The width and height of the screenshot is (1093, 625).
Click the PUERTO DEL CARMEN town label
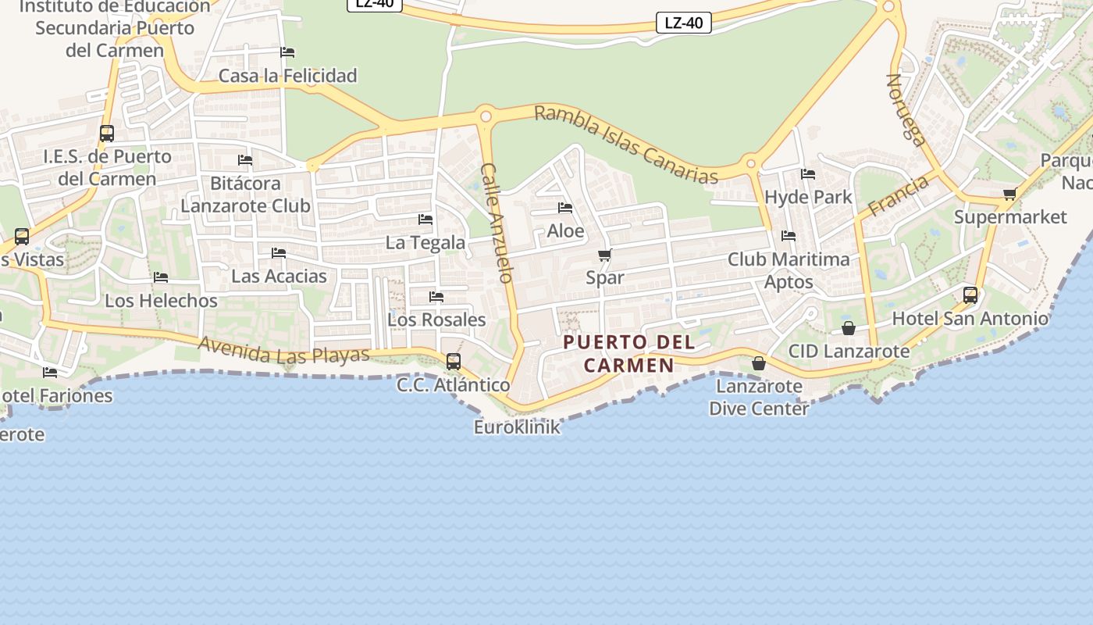tap(628, 353)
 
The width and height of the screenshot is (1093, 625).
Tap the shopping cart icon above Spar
tap(605, 255)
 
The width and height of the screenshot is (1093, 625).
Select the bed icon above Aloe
tap(565, 208)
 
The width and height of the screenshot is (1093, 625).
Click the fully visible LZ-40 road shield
tap(683, 23)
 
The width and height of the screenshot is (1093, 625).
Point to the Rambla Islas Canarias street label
tap(625, 145)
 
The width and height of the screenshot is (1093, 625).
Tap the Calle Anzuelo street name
tap(497, 223)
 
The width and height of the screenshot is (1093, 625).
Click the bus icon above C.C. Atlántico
tap(453, 362)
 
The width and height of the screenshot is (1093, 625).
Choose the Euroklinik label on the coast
tap(517, 427)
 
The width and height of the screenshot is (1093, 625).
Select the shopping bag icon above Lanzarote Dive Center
tap(758, 363)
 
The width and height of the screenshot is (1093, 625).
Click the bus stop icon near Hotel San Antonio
tap(970, 295)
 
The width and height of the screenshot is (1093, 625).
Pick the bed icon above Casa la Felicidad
tap(287, 52)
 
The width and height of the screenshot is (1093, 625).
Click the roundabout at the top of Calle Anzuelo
tap(486, 116)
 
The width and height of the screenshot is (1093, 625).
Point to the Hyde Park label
tap(808, 197)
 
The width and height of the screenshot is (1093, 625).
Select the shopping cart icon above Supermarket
tap(1009, 194)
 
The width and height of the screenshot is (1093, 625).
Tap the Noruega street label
tap(906, 110)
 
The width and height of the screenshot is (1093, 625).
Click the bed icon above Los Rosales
tap(436, 297)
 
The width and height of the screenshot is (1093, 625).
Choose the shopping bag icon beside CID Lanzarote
tap(848, 328)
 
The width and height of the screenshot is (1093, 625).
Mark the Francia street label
tap(899, 195)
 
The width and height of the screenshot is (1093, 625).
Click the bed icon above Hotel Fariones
tap(50, 372)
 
